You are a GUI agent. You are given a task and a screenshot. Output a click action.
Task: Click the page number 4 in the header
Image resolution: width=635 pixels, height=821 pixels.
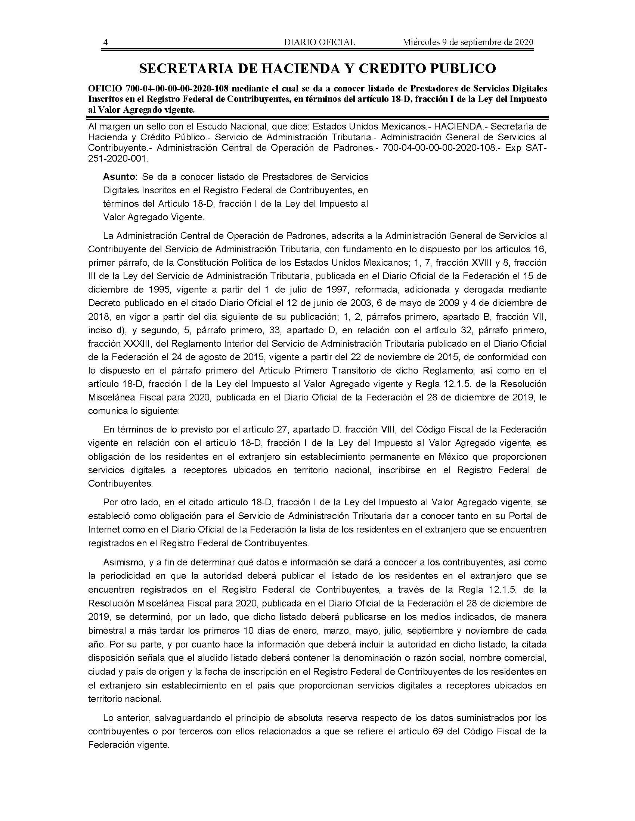click(x=106, y=42)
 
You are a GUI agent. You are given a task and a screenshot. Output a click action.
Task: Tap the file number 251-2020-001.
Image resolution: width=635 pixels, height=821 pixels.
click(x=117, y=159)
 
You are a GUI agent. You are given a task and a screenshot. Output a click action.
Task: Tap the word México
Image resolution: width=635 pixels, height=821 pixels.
click(x=453, y=457)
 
